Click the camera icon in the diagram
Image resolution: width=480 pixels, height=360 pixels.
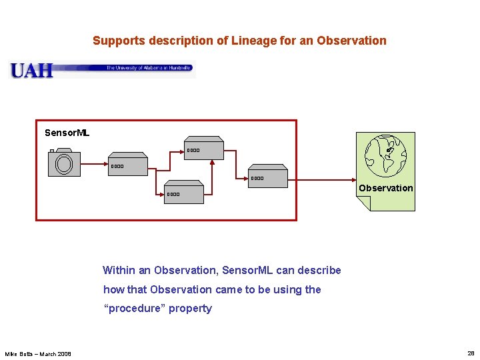(64, 163)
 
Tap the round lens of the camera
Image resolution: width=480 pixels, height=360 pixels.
(64, 164)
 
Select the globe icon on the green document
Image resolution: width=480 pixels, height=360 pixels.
(386, 155)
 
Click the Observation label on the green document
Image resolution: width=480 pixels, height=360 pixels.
(385, 188)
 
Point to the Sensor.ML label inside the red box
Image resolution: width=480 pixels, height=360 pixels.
(67, 133)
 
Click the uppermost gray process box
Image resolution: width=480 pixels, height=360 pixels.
(203, 150)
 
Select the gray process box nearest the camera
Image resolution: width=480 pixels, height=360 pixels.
(128, 166)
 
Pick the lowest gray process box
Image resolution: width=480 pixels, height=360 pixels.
(184, 194)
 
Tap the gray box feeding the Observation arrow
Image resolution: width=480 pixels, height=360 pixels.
(268, 177)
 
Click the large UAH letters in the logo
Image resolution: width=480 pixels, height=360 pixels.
(31, 70)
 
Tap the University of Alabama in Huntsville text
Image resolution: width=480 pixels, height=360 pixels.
(149, 67)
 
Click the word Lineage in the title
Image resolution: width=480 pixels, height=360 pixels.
(251, 41)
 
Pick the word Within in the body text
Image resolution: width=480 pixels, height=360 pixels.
(119, 270)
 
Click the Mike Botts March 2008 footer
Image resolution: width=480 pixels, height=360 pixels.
(38, 353)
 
